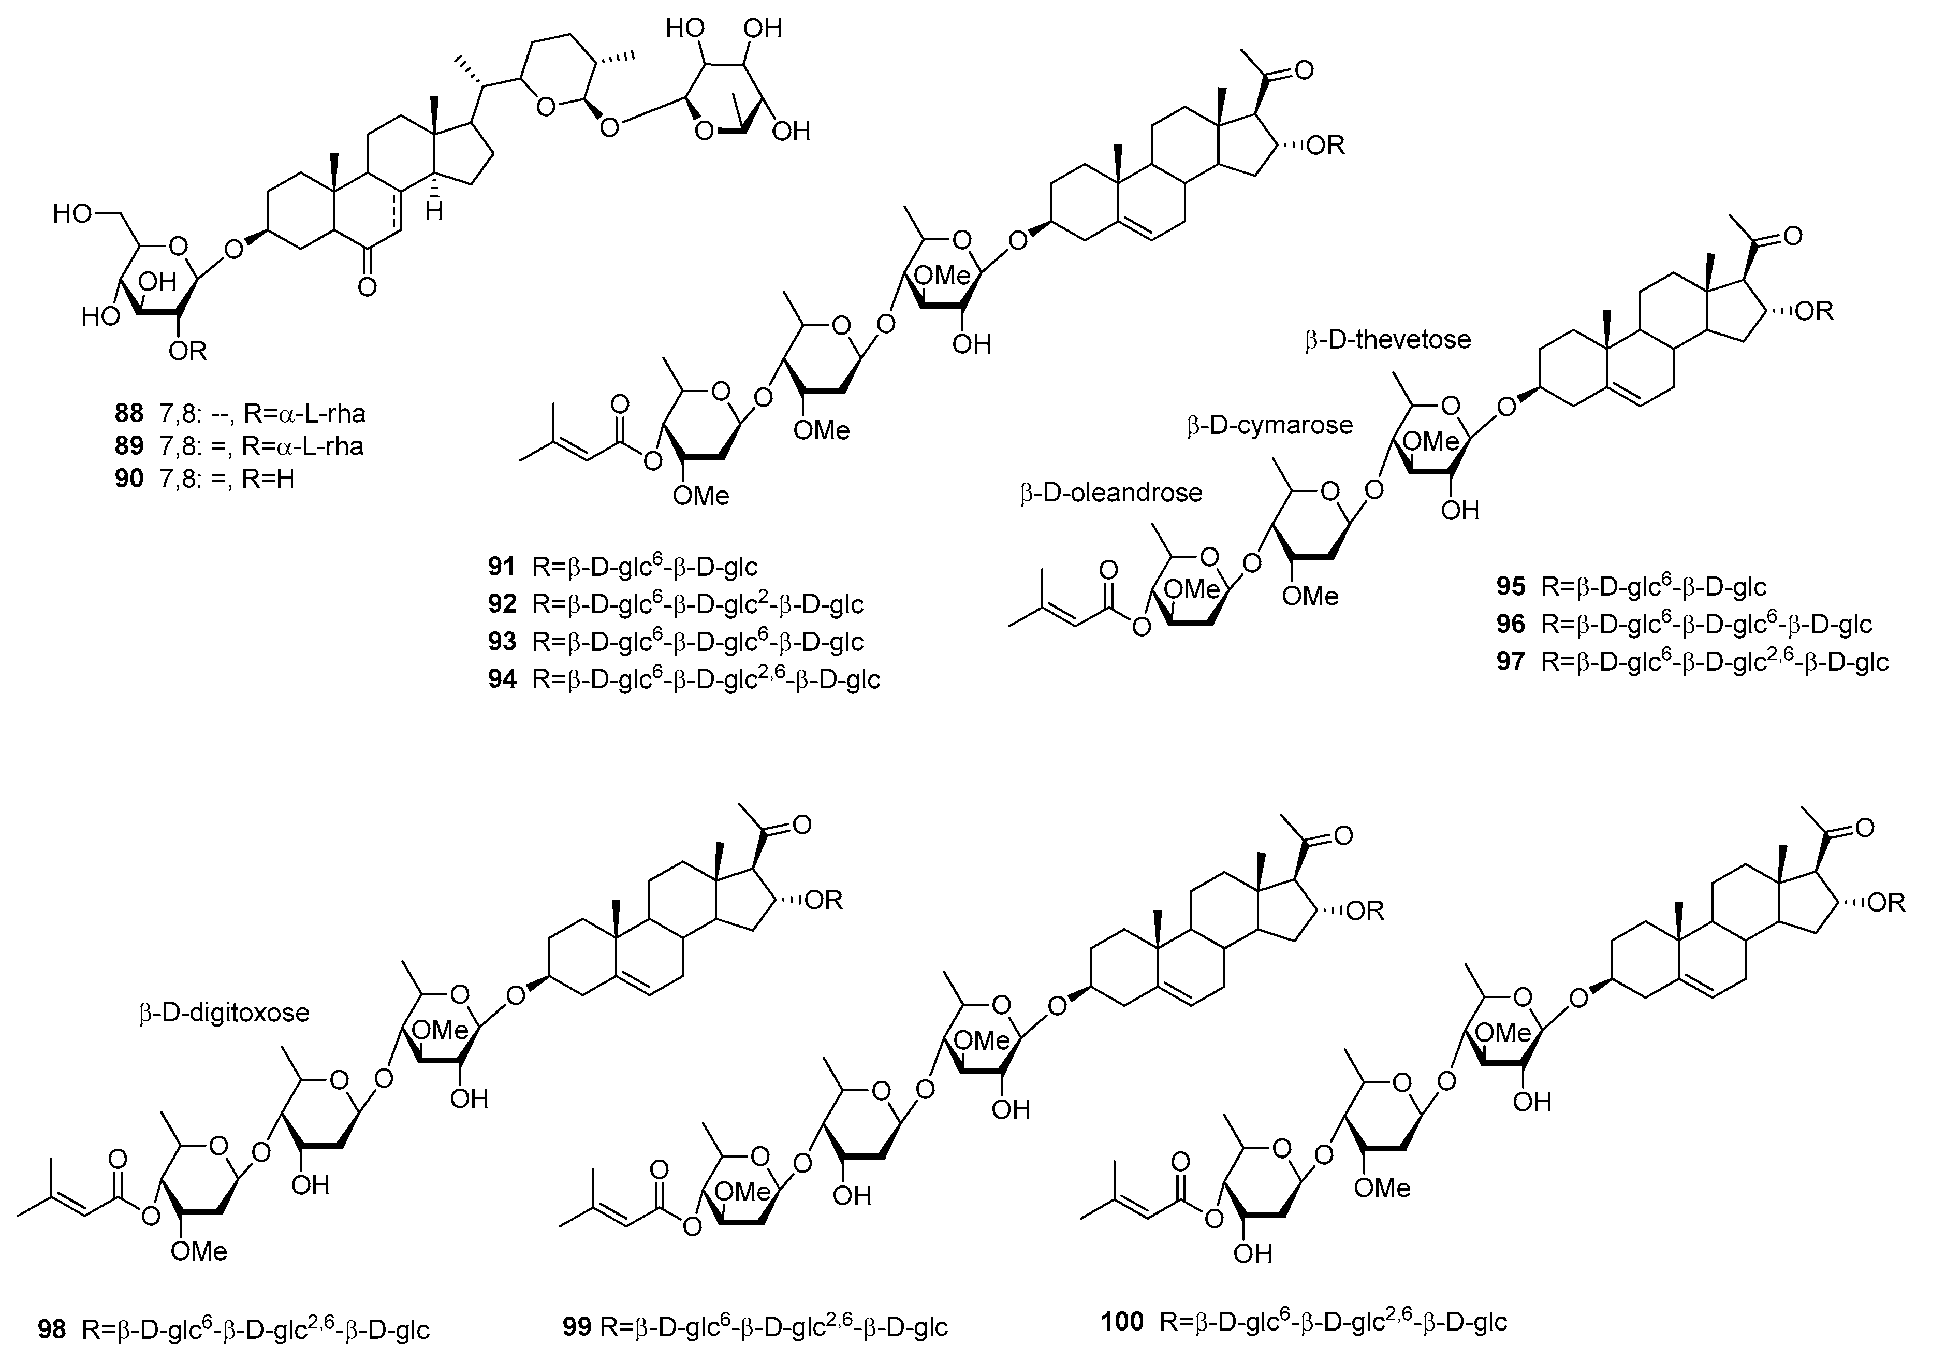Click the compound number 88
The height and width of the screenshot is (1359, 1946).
coord(129,414)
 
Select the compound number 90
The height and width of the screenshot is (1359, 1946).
coord(129,479)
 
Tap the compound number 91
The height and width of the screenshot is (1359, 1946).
coord(502,566)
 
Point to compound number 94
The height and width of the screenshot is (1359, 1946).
coord(502,679)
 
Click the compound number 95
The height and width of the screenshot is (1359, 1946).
coord(1510,587)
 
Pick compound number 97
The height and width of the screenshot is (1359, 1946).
coord(1510,661)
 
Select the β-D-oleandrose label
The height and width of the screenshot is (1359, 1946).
coord(1111,493)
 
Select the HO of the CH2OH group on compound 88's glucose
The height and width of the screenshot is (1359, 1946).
coord(72,214)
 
